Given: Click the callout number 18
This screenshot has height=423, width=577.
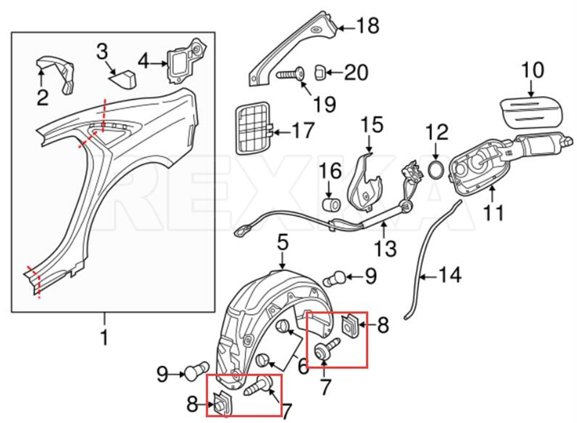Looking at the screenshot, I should point(368,26).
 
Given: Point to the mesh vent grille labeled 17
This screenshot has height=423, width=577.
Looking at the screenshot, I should point(252,128).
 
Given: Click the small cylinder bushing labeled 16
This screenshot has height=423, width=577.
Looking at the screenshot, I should point(331,205).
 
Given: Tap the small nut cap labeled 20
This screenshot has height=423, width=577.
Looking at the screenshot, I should point(320,72).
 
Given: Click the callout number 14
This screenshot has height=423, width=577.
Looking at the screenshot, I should point(450,276).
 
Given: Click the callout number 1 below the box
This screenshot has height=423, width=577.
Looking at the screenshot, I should point(104,337).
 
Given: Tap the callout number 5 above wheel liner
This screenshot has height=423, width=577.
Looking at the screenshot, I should point(283,243).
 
